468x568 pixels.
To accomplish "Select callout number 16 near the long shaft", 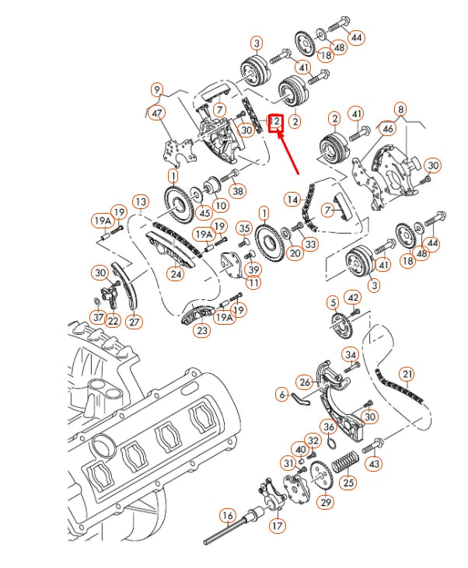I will click(x=227, y=514).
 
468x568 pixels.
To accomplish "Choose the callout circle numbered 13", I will click(x=140, y=203).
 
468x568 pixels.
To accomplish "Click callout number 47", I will click(x=158, y=113).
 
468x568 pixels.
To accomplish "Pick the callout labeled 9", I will click(x=157, y=89).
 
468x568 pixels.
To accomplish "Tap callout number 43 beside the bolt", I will click(x=375, y=463).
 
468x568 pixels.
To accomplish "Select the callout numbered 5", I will click(x=332, y=301).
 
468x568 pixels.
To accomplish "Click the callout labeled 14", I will click(x=292, y=199).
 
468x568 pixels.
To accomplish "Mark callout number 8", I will click(x=400, y=109).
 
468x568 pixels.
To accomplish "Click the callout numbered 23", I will click(x=202, y=329).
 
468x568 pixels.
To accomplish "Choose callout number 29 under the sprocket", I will click(x=324, y=503).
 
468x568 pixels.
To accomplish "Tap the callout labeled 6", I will click(x=281, y=395).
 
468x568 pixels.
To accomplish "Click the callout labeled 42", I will click(x=353, y=297).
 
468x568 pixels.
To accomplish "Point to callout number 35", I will click(x=244, y=228).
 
